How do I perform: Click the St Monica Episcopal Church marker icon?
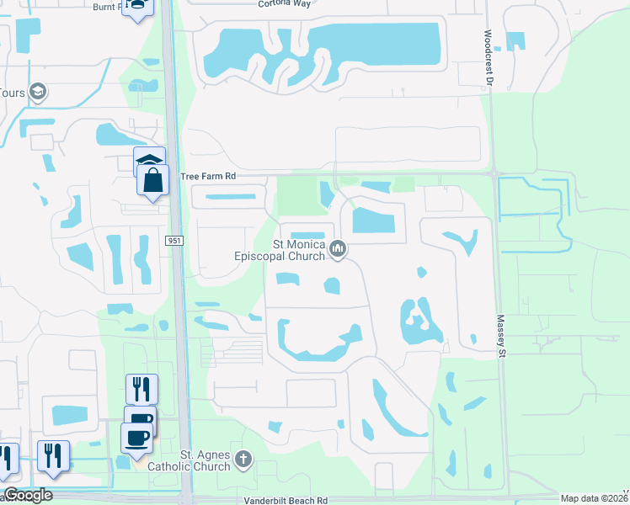point(339,248)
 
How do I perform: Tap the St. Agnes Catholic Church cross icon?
point(243,459)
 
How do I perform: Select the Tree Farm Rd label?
point(210,176)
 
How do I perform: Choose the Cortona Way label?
point(285,3)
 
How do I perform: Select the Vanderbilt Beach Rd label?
point(286,500)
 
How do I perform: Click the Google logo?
point(29,495)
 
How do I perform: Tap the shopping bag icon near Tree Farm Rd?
point(152,181)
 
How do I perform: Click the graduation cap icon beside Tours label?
point(38,91)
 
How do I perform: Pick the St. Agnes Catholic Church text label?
point(190,460)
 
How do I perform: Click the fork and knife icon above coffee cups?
point(141,388)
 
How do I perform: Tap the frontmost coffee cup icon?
point(136,436)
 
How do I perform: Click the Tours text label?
point(12,93)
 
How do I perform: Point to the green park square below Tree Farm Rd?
point(296,194)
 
